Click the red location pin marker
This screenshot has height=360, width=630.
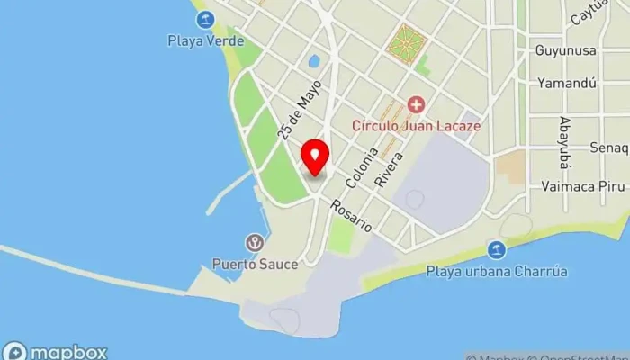pos(315,157)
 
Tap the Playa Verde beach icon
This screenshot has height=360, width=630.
pos(206,19)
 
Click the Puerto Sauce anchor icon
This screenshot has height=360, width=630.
pos(256,243)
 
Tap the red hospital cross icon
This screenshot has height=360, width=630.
pos(415,105)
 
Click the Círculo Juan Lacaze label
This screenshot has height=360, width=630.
pos(416,126)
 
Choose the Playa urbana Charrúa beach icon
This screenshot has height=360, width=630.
pos(496,249)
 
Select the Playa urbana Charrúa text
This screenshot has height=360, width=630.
pos(496,271)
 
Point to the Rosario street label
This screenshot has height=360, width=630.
pos(351,217)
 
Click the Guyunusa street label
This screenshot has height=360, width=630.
pos(565,50)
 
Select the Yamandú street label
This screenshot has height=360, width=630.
pos(567,83)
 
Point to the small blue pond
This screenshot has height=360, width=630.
pos(313,62)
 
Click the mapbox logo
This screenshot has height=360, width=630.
pos(55,351)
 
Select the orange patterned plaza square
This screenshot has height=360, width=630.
pos(406,41)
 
